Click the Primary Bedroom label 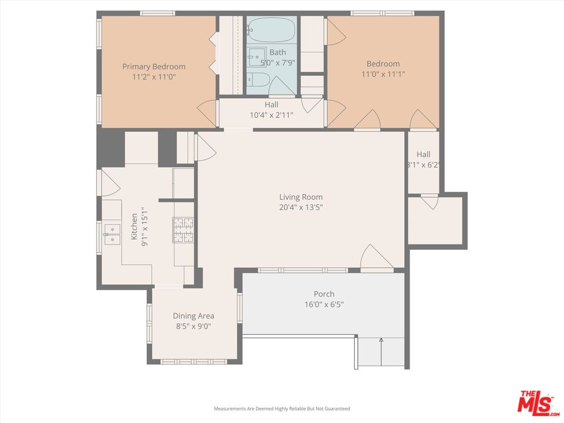point(153,66)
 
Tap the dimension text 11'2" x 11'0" point(153,76)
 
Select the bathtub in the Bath point(271,30)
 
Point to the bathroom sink point(257,57)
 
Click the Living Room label point(301,197)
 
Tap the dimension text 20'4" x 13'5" point(301,207)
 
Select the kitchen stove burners point(183,230)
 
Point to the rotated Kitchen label point(135,226)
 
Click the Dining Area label point(193,316)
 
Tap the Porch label point(324,294)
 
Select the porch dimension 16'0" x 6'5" point(324,304)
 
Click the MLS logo point(535,402)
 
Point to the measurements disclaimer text point(282,408)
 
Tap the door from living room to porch point(375,258)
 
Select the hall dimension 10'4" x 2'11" point(271,115)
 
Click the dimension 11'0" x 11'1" point(383,74)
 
